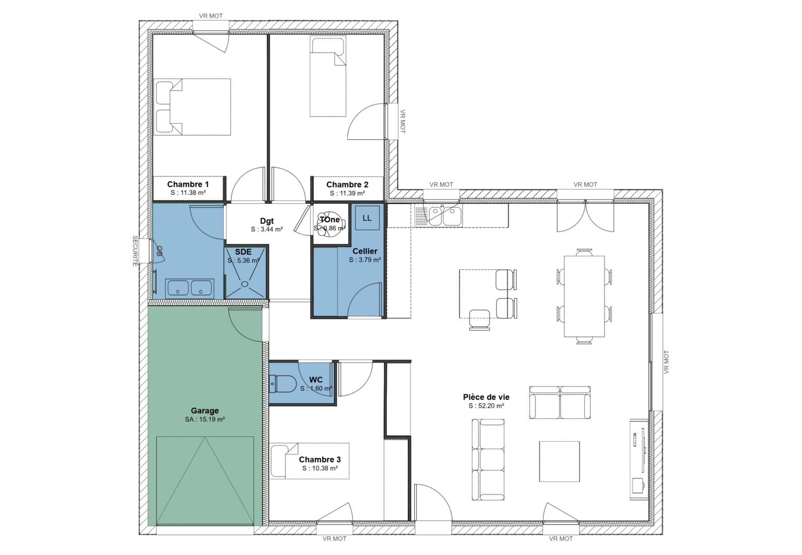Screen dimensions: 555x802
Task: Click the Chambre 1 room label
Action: coord(188,184)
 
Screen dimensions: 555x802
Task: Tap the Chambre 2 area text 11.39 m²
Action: coord(347,193)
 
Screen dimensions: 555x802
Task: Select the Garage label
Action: coord(205,410)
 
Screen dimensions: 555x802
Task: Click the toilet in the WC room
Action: coord(282,384)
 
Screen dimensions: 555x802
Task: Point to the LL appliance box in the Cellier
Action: coord(367,218)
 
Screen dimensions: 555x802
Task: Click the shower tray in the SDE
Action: coord(245,272)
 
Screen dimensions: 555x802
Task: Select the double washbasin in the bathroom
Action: coord(189,288)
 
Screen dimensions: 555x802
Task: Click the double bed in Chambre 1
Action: coord(193,107)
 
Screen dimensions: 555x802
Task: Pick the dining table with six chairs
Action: coord(584,297)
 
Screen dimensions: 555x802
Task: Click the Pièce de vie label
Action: coord(486,397)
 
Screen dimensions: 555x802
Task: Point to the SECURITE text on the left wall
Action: coord(135,251)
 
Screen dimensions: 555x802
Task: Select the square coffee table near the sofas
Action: coord(559,462)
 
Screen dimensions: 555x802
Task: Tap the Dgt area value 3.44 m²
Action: coord(267,229)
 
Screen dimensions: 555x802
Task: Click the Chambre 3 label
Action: coord(320,459)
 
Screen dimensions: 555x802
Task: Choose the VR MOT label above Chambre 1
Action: coord(211,16)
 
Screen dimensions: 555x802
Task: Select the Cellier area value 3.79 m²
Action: coord(365,259)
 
